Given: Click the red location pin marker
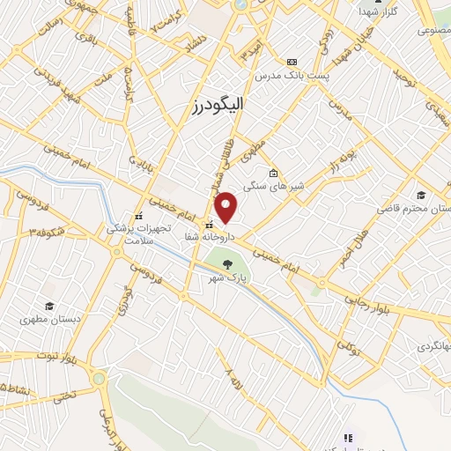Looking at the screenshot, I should click(x=227, y=207).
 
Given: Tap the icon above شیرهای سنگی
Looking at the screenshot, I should click(x=274, y=173).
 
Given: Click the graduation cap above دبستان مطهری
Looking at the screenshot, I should click(x=49, y=305).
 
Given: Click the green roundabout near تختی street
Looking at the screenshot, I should click(x=98, y=380).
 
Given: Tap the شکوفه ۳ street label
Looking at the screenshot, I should click(x=46, y=232).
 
